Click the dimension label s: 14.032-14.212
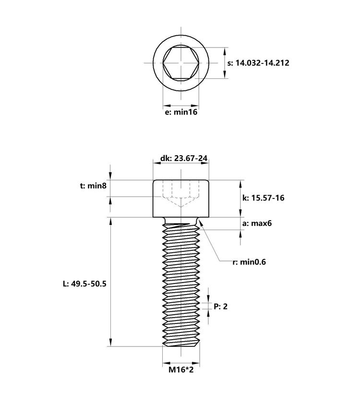[x=258, y=63]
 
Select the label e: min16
[x=181, y=112]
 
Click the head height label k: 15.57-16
[x=264, y=197]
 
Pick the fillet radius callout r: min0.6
[x=249, y=262]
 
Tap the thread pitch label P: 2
[x=221, y=306]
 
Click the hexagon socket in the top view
[x=181, y=63]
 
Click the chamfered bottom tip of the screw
[x=181, y=343]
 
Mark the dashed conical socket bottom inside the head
[x=181, y=202]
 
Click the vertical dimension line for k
[x=240, y=198]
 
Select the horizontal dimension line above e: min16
[x=181, y=105]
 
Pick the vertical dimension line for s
[x=225, y=63]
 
